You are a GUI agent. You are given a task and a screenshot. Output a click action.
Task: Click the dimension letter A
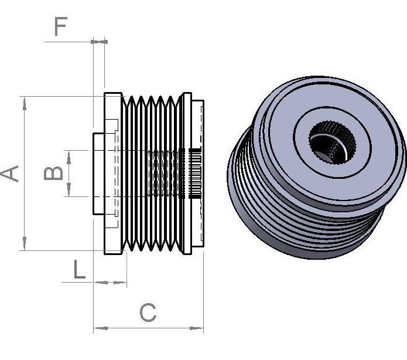click(x=11, y=174)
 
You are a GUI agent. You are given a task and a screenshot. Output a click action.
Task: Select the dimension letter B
click(x=54, y=173)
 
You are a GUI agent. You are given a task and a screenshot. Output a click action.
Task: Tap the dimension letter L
click(x=80, y=269)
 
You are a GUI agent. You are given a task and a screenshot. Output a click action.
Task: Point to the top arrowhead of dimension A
click(x=24, y=103)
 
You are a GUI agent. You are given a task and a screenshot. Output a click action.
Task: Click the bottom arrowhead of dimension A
click(x=24, y=244)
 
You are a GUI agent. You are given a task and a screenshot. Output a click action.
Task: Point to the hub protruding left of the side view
click(x=98, y=174)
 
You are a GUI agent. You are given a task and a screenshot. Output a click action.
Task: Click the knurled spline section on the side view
click(x=196, y=174)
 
